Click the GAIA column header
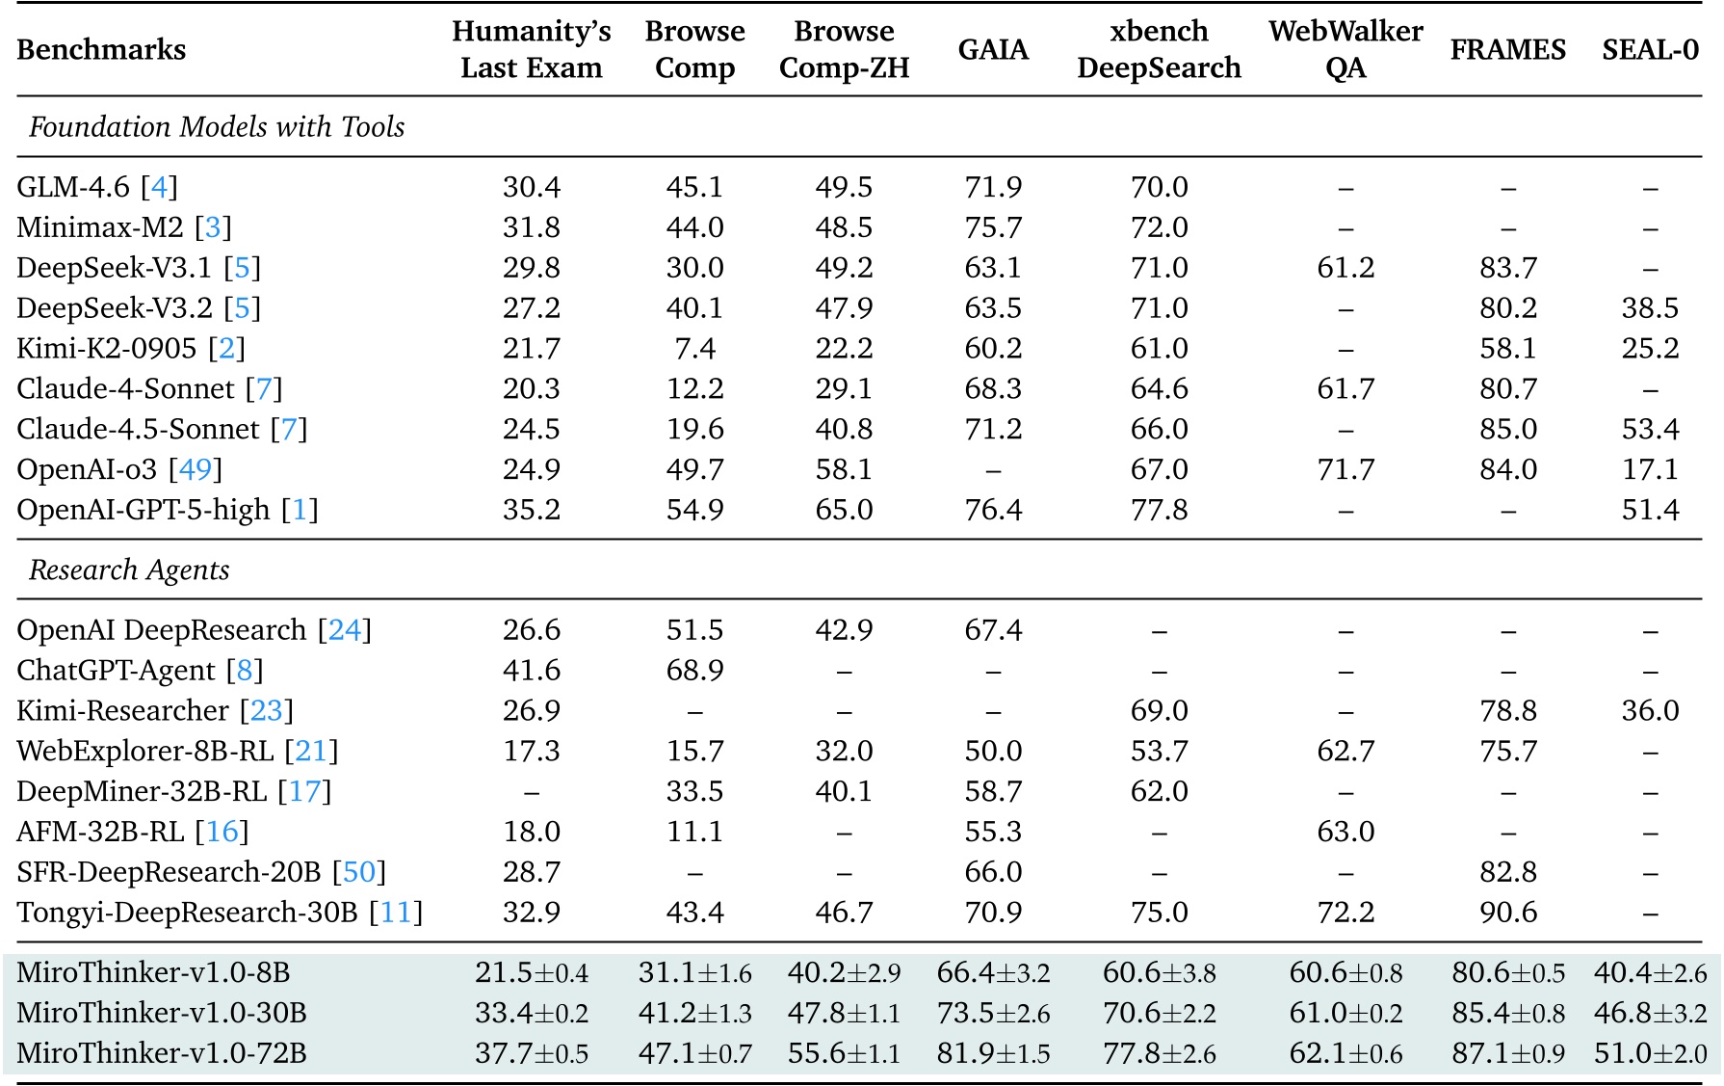[993, 49]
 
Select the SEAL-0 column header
[1650, 49]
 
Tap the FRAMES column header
[1507, 49]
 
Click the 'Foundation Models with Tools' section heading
[217, 127]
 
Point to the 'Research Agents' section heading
[129, 570]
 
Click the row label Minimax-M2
[100, 227]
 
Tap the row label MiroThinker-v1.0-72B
[162, 1052]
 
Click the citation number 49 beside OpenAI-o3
[196, 469]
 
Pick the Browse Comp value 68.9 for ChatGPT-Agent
[694, 670]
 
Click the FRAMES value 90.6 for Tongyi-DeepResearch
[1507, 912]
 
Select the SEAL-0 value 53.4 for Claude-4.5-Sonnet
[1650, 429]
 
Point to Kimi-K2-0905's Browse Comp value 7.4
[694, 348]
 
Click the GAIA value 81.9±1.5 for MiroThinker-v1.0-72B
[993, 1052]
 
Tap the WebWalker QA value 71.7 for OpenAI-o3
[1345, 469]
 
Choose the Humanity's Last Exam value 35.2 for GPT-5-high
[532, 510]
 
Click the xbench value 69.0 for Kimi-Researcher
[1159, 710]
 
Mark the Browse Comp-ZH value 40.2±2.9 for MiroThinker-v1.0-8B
[844, 972]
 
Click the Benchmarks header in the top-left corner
[101, 49]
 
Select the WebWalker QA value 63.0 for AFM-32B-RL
[1345, 831]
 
